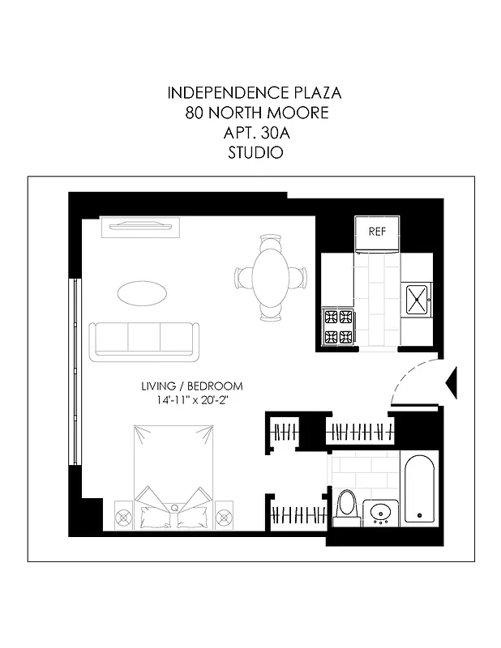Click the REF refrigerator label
click(376, 231)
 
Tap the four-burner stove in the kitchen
click(338, 326)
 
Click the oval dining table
click(271, 277)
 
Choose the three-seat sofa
click(144, 339)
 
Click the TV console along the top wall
click(143, 227)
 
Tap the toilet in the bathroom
click(347, 505)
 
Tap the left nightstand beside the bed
click(123, 514)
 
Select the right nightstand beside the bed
click(225, 514)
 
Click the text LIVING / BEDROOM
click(191, 386)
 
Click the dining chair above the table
click(271, 241)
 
